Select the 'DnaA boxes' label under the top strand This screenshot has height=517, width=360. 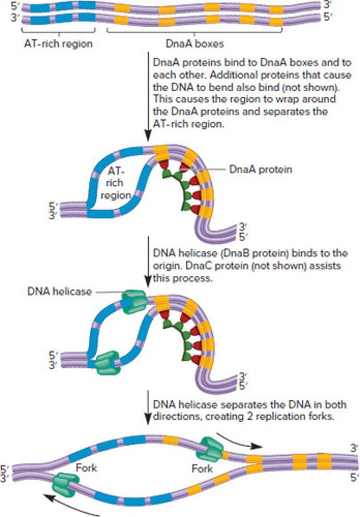point(195,44)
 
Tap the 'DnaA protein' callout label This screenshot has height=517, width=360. point(260,169)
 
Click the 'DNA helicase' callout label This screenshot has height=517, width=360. point(59,292)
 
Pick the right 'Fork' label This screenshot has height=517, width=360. point(202,468)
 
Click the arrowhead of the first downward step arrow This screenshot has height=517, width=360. point(148,137)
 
